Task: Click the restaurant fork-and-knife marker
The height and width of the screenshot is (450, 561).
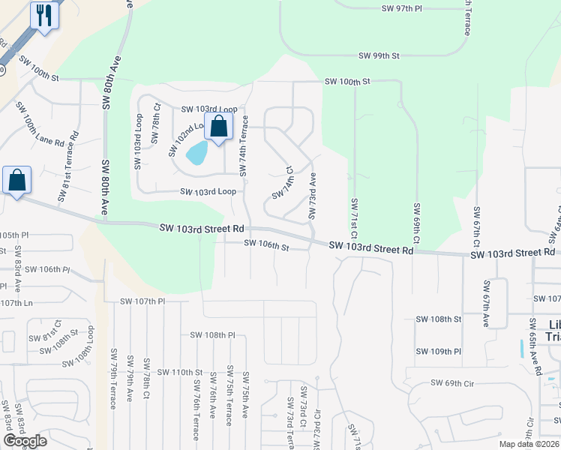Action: [45, 16]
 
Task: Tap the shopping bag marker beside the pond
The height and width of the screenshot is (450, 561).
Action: [218, 126]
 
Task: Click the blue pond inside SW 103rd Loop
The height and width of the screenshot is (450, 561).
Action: [196, 153]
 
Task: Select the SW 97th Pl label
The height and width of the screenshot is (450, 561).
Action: [402, 8]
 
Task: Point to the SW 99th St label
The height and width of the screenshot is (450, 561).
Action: [379, 55]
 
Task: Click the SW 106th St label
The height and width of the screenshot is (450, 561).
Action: [265, 244]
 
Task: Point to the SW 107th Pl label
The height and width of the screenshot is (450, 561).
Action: [142, 301]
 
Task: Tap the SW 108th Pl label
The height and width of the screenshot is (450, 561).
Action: [212, 334]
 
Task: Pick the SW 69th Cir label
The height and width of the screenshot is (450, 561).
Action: [453, 382]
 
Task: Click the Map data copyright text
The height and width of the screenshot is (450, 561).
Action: [529, 444]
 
